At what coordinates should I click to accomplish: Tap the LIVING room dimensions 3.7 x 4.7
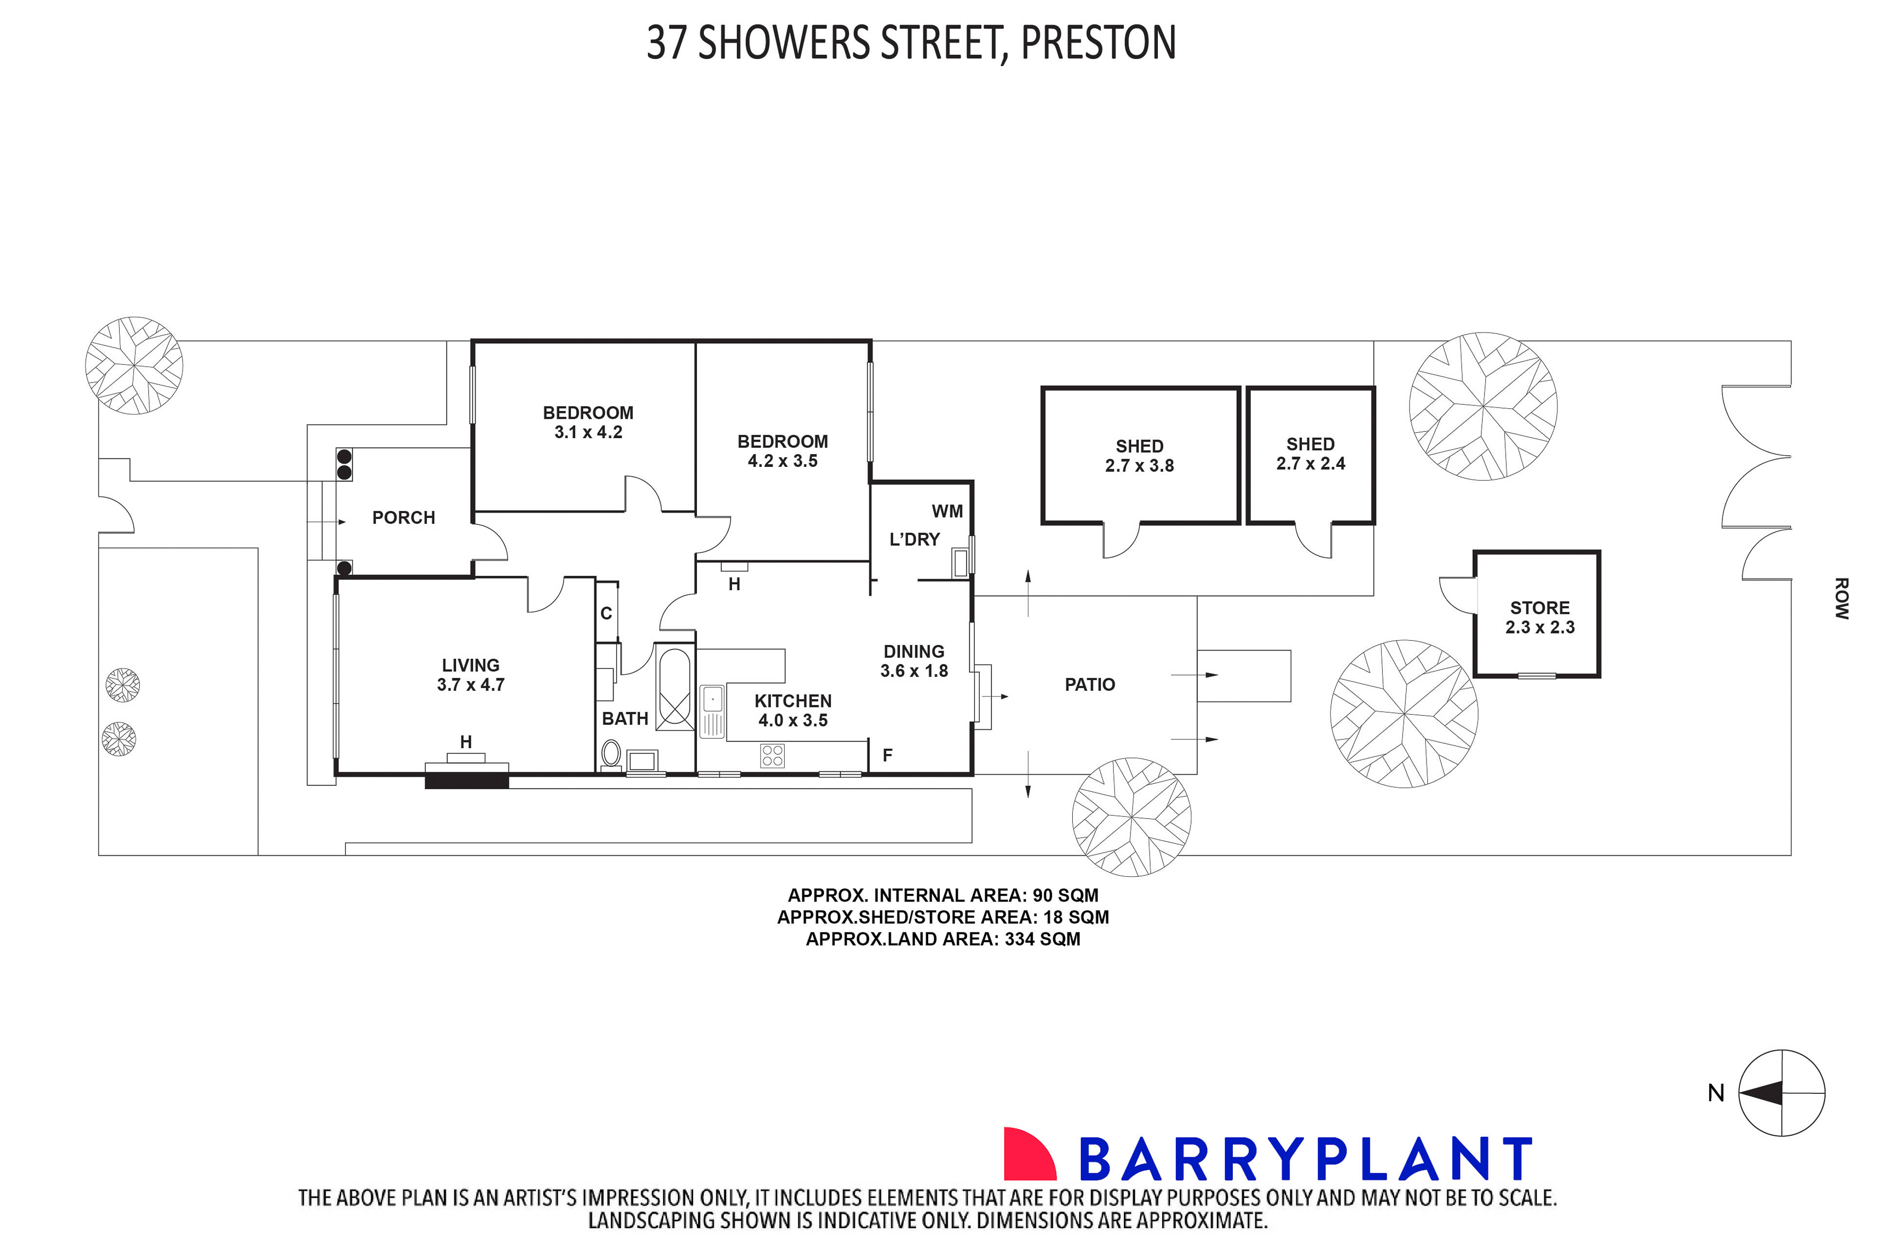tap(471, 684)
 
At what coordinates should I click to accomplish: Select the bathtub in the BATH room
tap(674, 689)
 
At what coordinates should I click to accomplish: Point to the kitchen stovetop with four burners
tap(772, 755)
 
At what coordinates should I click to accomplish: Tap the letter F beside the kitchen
tap(887, 755)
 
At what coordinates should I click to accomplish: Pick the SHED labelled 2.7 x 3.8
tap(1139, 455)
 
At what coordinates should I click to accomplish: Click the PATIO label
tap(1090, 684)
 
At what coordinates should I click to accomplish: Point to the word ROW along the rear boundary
tap(1842, 598)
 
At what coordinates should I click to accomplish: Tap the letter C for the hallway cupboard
tap(606, 613)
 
